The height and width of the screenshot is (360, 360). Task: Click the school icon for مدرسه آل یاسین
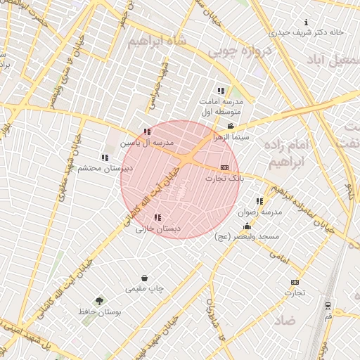147,131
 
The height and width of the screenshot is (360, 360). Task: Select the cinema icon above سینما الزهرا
231,127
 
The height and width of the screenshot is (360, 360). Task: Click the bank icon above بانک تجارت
224,167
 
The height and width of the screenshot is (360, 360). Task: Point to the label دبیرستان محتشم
105,169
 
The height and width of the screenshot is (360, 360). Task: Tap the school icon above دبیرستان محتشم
105,157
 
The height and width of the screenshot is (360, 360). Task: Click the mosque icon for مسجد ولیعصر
247,226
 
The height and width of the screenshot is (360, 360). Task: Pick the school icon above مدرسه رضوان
259,201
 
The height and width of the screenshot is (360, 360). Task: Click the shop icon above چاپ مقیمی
144,278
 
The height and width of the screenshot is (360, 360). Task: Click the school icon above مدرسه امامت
221,91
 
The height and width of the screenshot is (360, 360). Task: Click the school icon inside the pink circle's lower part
157,217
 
